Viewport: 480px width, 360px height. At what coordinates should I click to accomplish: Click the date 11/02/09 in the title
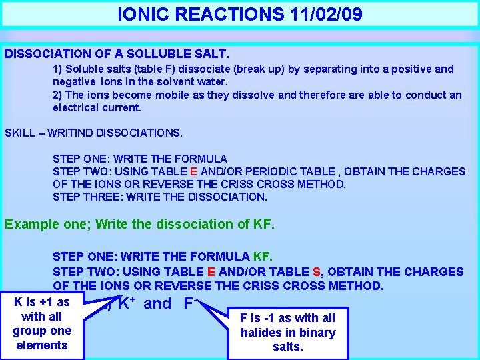[x=328, y=14]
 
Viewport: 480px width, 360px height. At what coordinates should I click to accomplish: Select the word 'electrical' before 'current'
[x=78, y=107]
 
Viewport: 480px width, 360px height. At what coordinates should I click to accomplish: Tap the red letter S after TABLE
[x=316, y=271]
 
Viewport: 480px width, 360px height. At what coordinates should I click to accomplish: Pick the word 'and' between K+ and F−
[x=157, y=305]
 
